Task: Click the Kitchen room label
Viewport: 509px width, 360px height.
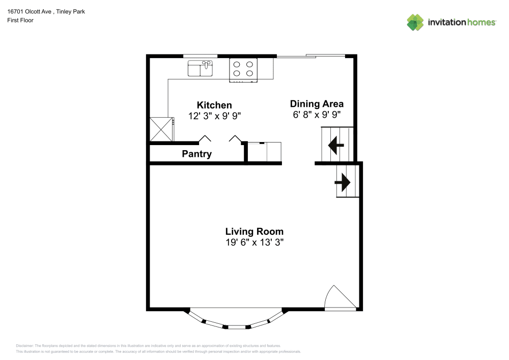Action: click(x=214, y=105)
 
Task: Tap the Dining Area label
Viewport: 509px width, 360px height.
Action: click(x=317, y=104)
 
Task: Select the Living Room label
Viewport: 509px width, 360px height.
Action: click(x=254, y=232)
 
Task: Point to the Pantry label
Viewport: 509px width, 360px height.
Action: click(x=196, y=154)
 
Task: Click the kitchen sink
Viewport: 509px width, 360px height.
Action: click(x=200, y=68)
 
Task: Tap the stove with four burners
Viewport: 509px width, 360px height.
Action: click(x=243, y=69)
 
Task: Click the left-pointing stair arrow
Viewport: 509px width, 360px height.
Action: click(x=336, y=145)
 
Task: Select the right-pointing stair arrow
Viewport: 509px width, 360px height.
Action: click(x=343, y=182)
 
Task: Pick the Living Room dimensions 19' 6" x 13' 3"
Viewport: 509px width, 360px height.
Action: click(x=254, y=242)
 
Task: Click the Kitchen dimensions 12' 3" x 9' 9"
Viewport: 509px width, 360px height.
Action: click(x=214, y=116)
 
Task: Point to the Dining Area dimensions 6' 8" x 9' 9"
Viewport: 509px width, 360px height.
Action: click(x=317, y=115)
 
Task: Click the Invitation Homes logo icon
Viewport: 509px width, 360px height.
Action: click(x=415, y=22)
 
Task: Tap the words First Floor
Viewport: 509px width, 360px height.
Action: click(x=20, y=20)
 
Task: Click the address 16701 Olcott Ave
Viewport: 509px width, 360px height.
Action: click(x=29, y=12)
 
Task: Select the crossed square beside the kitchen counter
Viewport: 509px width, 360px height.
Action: click(x=161, y=129)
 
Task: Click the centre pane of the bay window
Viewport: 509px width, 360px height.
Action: click(x=237, y=327)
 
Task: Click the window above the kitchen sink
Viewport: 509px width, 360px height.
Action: click(x=200, y=56)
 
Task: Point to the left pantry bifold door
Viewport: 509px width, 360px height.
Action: click(x=205, y=139)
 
